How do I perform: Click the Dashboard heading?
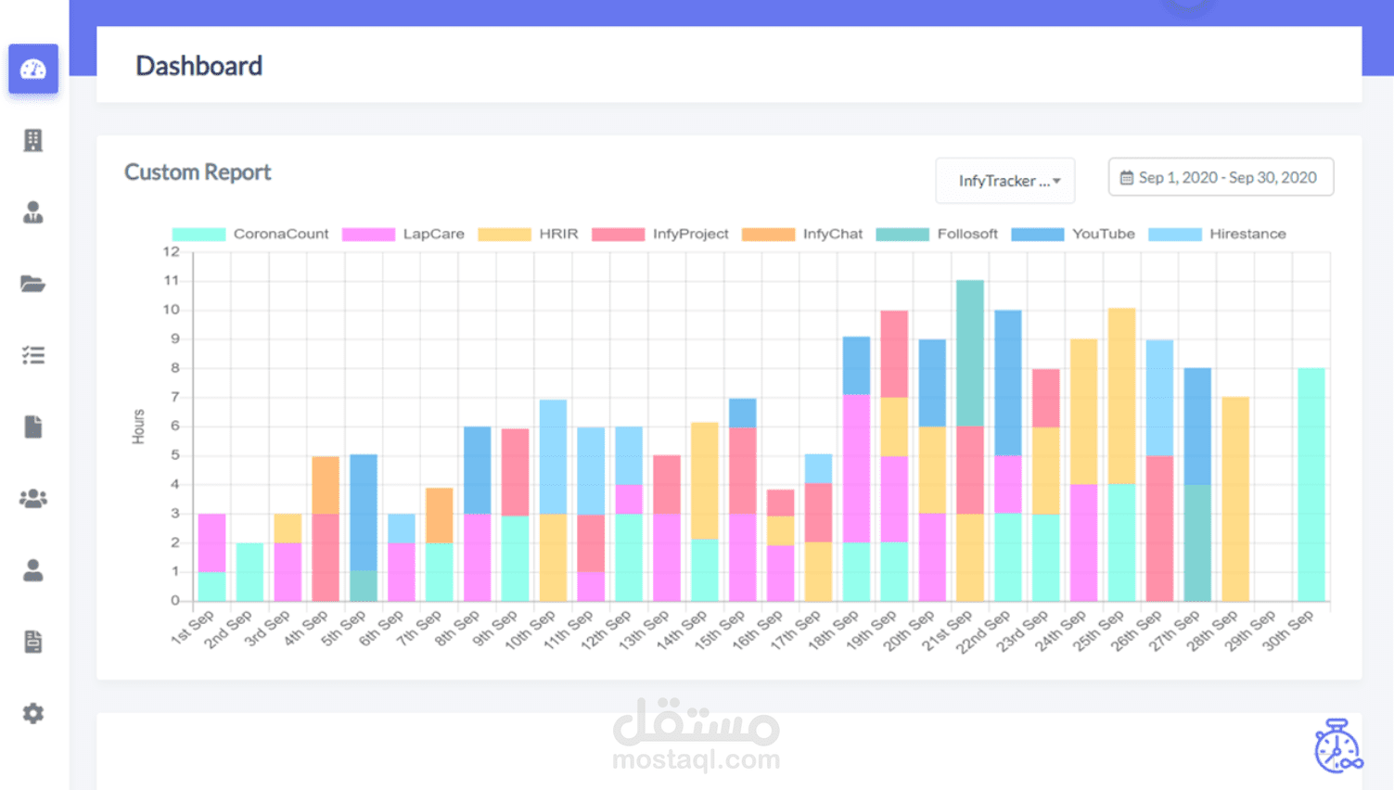pyautogui.click(x=198, y=66)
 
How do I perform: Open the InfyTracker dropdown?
pyautogui.click(x=1005, y=180)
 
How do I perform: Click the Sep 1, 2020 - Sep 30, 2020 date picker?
pyautogui.click(x=1221, y=177)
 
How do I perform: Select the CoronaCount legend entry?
pyautogui.click(x=250, y=234)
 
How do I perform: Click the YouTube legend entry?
pyautogui.click(x=1073, y=234)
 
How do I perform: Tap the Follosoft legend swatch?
pyautogui.click(x=902, y=234)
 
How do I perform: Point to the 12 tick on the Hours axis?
pyautogui.click(x=171, y=251)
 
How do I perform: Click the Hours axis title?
pyautogui.click(x=138, y=427)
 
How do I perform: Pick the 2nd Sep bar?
pyautogui.click(x=249, y=571)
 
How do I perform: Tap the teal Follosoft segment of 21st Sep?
pyautogui.click(x=970, y=352)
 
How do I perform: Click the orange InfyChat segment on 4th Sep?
pyautogui.click(x=326, y=484)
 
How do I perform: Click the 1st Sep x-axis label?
pyautogui.click(x=192, y=627)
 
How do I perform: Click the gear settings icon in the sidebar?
pyautogui.click(x=33, y=713)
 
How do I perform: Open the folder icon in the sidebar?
pyautogui.click(x=33, y=284)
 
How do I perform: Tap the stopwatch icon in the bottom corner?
pyautogui.click(x=1337, y=746)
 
